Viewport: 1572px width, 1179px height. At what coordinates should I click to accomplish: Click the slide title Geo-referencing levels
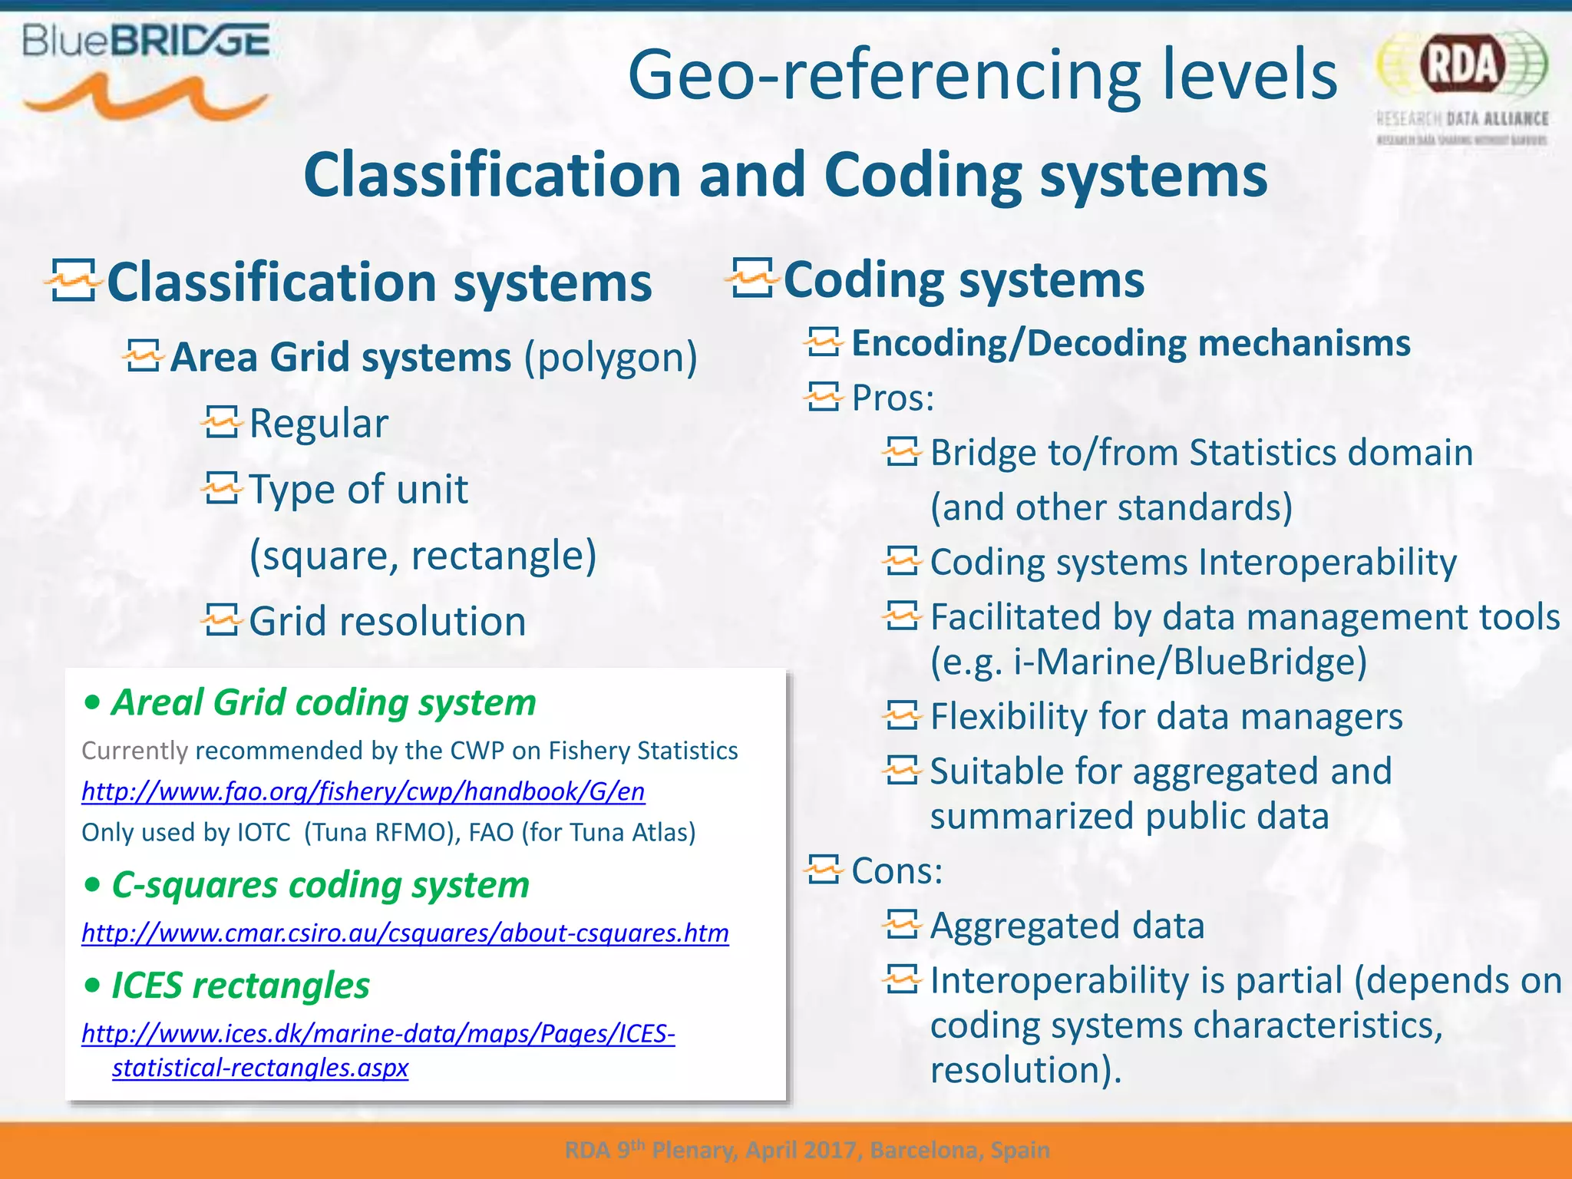(x=982, y=74)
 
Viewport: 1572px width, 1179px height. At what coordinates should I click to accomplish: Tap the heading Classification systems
(x=379, y=282)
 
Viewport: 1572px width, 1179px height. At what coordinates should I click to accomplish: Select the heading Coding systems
(x=963, y=279)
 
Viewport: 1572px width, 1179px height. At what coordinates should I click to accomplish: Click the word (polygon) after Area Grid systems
(x=610, y=358)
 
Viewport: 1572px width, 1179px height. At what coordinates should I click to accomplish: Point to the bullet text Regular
(x=319, y=424)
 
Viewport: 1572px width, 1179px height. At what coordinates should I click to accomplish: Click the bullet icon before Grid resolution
(x=222, y=620)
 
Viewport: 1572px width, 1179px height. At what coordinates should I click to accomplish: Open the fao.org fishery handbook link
(x=363, y=791)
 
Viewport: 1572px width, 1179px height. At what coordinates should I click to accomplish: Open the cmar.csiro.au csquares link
(x=405, y=933)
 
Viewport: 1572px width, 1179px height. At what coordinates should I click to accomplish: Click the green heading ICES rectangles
(x=240, y=986)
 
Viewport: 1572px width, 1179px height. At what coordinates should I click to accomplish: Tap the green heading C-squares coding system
(x=320, y=885)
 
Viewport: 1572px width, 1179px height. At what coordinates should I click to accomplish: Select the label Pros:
(x=893, y=398)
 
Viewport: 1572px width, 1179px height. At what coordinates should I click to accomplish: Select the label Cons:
(x=897, y=871)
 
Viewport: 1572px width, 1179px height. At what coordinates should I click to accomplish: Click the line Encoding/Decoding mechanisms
(x=1131, y=343)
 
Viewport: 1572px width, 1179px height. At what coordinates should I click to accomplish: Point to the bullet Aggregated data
(x=1067, y=926)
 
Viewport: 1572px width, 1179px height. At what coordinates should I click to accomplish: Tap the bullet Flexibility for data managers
(x=1166, y=717)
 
